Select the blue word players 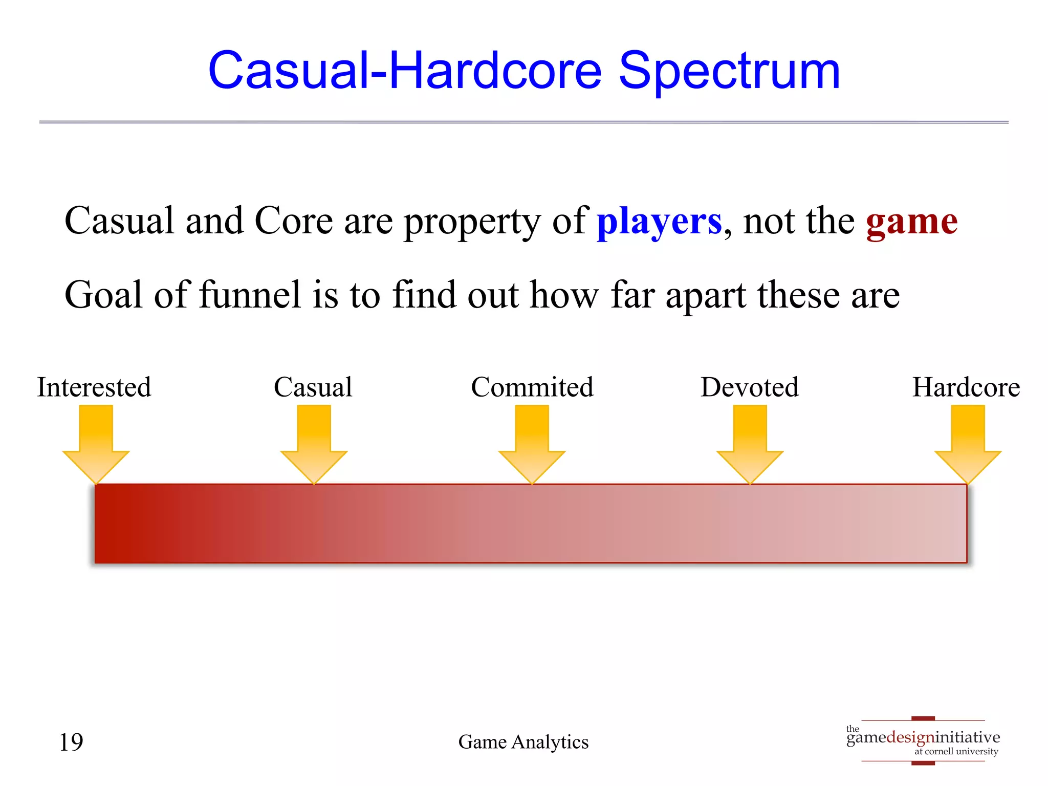[x=659, y=222]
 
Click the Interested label [x=94, y=387]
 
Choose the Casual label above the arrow [x=313, y=387]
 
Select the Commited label [x=532, y=387]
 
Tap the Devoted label [x=750, y=387]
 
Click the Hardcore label [x=966, y=387]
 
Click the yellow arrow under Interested [x=96, y=443]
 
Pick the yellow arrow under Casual [x=314, y=443]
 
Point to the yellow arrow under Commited [x=532, y=443]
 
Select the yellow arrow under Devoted [x=750, y=443]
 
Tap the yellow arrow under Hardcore [x=968, y=443]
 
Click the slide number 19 [x=71, y=742]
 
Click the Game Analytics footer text [x=523, y=742]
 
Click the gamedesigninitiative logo [x=923, y=740]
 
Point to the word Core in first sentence [x=294, y=222]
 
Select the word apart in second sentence [x=706, y=296]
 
